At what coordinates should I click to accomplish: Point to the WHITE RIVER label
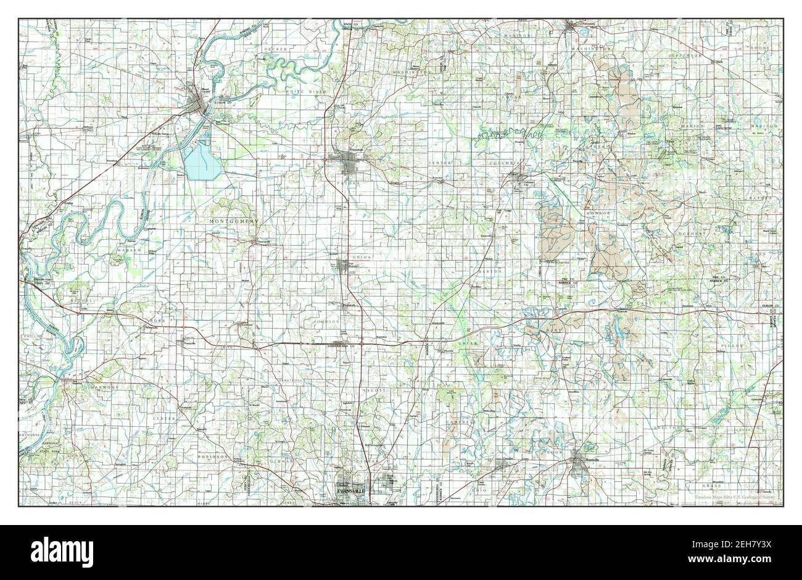tap(300, 91)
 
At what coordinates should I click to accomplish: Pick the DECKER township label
tap(272, 48)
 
